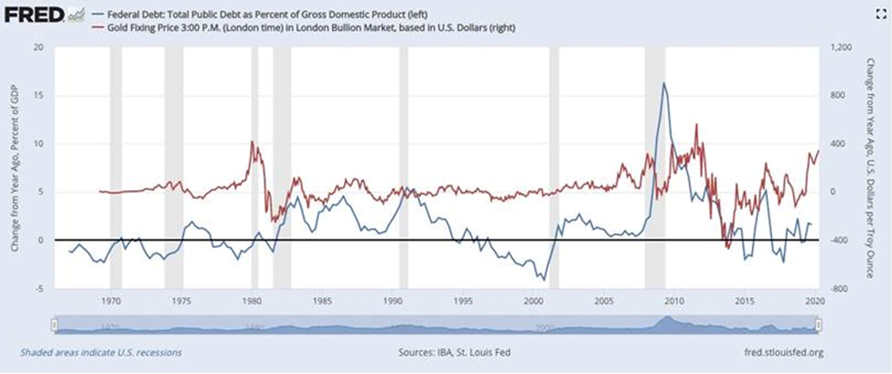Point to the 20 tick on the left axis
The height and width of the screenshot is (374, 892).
(38, 48)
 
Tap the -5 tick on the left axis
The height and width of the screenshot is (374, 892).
(38, 288)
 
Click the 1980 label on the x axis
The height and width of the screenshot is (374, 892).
(253, 300)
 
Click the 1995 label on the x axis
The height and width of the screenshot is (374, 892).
(464, 300)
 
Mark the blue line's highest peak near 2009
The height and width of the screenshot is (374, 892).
(664, 83)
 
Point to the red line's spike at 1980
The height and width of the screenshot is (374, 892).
(252, 142)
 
